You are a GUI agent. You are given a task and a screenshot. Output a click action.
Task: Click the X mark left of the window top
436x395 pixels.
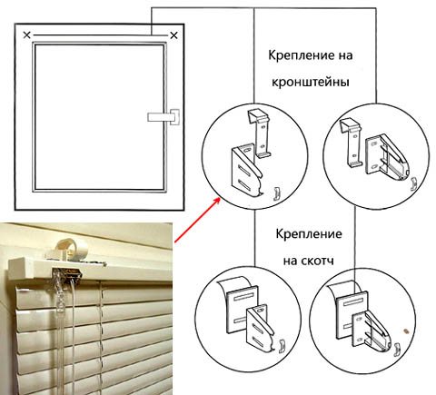click(27, 35)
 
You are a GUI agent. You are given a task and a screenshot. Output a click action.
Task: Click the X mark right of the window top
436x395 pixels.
click(173, 35)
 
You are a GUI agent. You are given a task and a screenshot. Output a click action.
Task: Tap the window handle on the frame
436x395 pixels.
click(163, 117)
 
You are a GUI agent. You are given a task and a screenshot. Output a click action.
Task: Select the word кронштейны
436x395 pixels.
click(311, 83)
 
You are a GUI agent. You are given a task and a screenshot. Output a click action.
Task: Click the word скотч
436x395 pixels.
click(318, 261)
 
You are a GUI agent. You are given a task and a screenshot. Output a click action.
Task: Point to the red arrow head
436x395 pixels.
click(217, 200)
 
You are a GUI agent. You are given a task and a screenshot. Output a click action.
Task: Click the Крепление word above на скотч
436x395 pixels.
click(309, 234)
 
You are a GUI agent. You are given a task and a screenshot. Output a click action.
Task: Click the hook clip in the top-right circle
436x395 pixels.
click(352, 143)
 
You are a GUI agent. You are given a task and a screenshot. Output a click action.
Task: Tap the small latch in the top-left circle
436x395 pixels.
click(275, 193)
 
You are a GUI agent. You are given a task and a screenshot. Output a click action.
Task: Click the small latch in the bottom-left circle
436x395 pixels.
click(282, 346)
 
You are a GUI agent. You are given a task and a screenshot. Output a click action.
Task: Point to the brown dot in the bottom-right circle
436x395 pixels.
click(405, 331)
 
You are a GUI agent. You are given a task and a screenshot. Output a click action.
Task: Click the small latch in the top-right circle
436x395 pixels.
click(413, 184)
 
